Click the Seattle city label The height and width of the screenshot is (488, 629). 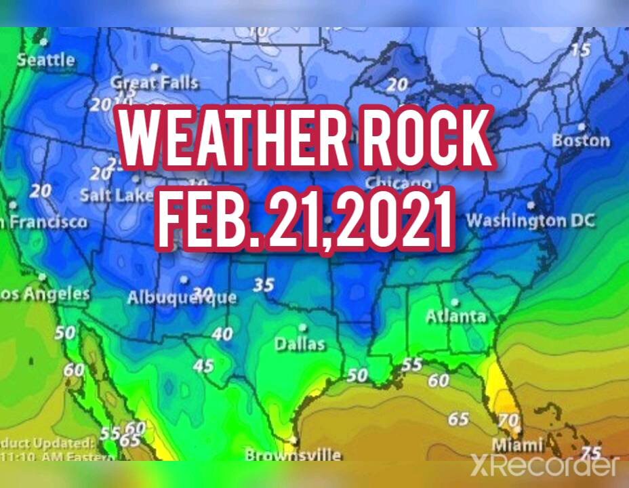click(46, 60)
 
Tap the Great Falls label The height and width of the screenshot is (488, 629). click(155, 83)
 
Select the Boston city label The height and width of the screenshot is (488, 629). click(581, 140)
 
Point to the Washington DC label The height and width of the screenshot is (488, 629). click(530, 221)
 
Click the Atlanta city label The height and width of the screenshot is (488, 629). click(456, 316)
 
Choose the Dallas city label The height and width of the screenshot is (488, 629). click(300, 344)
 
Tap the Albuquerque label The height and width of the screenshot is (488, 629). click(182, 297)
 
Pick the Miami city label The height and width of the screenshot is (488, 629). click(518, 445)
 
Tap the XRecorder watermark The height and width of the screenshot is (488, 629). click(546, 465)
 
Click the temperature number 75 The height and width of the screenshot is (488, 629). click(592, 453)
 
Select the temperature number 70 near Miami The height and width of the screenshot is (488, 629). click(508, 420)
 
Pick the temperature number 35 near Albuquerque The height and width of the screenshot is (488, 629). click(264, 284)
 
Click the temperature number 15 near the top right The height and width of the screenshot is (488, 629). click(580, 49)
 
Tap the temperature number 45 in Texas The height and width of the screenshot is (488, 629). click(203, 366)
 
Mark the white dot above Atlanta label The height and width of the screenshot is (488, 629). click(455, 302)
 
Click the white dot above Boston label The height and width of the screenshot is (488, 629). click(581, 127)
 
